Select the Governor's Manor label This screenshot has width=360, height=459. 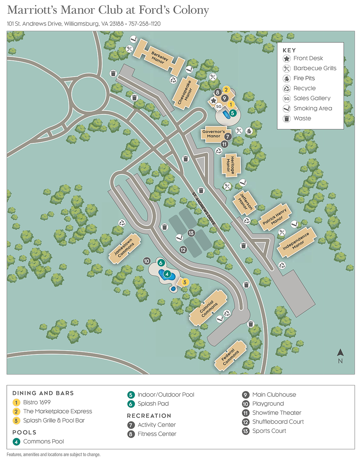[213, 134]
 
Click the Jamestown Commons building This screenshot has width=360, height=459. [124, 248]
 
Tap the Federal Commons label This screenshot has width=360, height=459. [230, 356]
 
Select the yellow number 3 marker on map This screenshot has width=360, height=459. [184, 282]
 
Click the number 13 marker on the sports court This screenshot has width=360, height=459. [191, 233]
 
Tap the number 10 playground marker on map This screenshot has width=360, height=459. [147, 261]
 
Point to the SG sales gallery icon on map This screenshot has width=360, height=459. [219, 106]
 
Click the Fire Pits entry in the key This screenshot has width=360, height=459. [304, 78]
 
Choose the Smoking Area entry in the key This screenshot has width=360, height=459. [312, 108]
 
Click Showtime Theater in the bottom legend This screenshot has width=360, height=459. [276, 413]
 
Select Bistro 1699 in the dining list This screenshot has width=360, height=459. [37, 403]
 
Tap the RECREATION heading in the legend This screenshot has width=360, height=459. [149, 416]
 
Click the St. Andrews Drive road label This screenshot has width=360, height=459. [204, 209]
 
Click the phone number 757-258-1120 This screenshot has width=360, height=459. [144, 24]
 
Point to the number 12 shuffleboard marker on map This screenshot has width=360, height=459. [183, 250]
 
